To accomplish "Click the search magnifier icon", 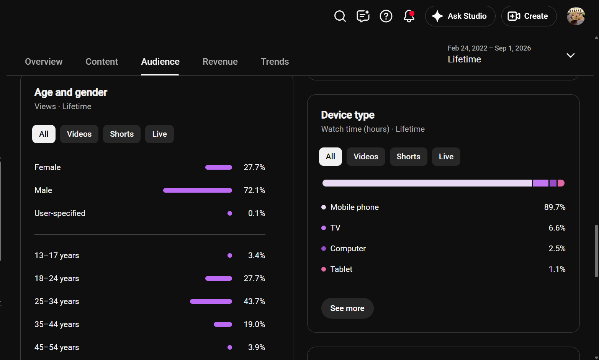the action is point(340,16).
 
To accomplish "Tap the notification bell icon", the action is point(409,16).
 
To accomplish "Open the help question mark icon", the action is point(386,16).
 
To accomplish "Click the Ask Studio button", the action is point(460,16).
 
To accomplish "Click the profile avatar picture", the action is point(576,16).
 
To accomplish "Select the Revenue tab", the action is point(220,62).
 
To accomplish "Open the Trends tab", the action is point(275,62).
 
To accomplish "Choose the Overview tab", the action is point(44,62).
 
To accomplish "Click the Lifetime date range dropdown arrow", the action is point(570,56).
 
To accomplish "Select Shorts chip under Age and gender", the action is point(122,134).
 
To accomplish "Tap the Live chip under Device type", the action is point(446,157).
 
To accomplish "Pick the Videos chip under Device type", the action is point(366,157).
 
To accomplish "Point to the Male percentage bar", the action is point(198,190).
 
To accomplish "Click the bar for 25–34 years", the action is point(211,301).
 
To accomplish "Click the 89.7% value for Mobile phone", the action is point(555,207).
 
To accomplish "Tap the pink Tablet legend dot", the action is point(324,269).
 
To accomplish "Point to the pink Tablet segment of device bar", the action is point(561,183).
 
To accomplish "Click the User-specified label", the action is point(60,213).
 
